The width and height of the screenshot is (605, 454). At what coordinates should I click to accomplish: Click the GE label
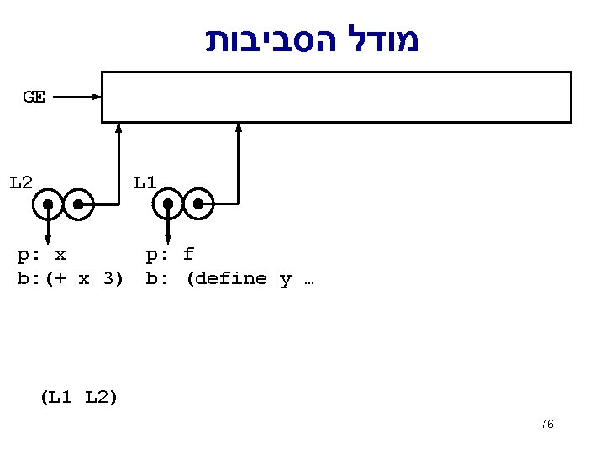pyautogui.click(x=34, y=97)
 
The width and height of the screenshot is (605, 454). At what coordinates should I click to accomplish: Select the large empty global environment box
pyautogui.click(x=336, y=97)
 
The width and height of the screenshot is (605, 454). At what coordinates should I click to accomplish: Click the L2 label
pyautogui.click(x=21, y=182)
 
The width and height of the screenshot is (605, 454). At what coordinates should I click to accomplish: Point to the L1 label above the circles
pyautogui.click(x=145, y=182)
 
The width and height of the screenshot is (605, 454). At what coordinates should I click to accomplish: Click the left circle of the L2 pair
pyautogui.click(x=49, y=203)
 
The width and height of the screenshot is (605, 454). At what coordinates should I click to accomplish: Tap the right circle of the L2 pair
pyautogui.click(x=78, y=203)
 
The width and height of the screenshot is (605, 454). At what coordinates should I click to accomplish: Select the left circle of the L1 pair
pyautogui.click(x=169, y=203)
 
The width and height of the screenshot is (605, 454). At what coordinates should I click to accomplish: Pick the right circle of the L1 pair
pyautogui.click(x=199, y=203)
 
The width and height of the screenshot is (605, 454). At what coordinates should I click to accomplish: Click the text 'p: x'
pyautogui.click(x=42, y=254)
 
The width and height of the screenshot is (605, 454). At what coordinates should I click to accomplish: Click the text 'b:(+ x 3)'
pyautogui.click(x=71, y=278)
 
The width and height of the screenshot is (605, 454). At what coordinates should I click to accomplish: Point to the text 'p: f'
pyautogui.click(x=170, y=254)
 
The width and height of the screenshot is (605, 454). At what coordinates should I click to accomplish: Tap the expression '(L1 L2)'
pyautogui.click(x=78, y=397)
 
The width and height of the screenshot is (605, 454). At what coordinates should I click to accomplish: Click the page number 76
pyautogui.click(x=547, y=425)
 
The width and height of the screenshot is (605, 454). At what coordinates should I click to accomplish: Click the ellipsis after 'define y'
pyautogui.click(x=308, y=280)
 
